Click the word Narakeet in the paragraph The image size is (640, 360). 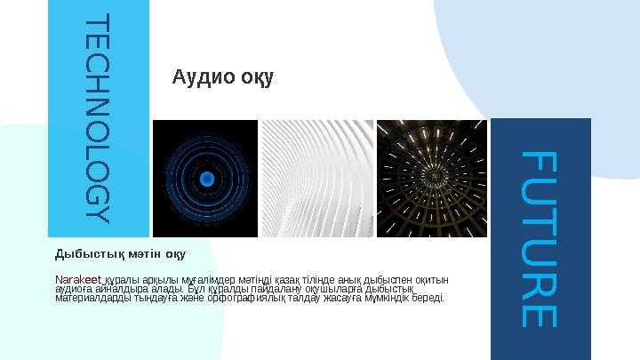point(78,279)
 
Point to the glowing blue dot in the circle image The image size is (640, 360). point(206,179)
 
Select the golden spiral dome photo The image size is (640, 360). point(432,179)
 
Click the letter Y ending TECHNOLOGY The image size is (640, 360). point(99,214)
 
